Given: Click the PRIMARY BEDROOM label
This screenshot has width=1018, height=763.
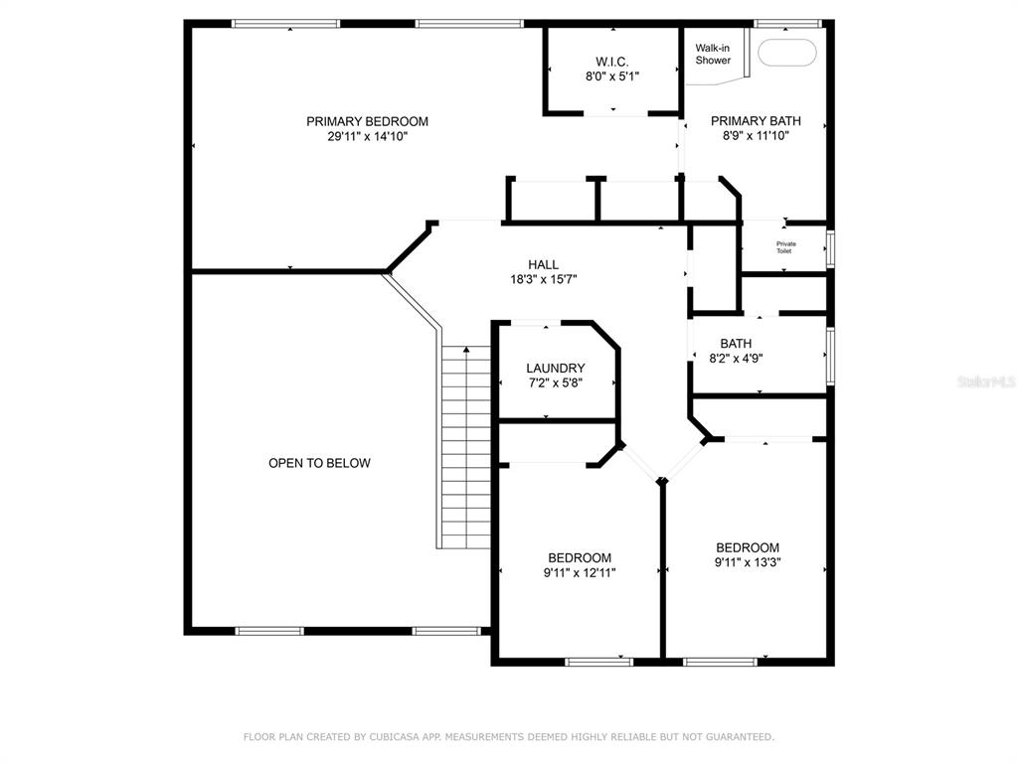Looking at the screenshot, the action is click(367, 121).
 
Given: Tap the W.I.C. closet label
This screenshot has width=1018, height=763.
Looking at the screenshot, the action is click(612, 62).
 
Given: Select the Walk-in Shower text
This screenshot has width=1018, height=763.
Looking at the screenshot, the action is click(713, 54).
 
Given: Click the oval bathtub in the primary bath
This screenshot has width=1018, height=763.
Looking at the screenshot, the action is click(787, 54).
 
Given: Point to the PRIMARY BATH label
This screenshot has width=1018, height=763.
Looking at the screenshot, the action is click(756, 120).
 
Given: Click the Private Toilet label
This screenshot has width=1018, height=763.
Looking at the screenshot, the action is click(785, 247).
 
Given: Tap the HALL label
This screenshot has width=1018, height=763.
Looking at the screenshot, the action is click(544, 264).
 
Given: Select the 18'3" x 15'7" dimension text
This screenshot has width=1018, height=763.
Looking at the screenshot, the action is click(544, 279).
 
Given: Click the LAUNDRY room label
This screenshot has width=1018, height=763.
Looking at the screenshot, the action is click(555, 368).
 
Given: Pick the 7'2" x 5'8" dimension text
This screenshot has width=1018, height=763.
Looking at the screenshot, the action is click(555, 382).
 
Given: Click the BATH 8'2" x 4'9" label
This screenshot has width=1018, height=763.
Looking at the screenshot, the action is click(736, 351).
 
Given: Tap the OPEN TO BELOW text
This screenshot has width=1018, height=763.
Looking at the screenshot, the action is click(319, 463).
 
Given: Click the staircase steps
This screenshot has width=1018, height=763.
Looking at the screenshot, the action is click(466, 447).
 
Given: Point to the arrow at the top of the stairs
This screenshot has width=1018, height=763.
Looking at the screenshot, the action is click(466, 351).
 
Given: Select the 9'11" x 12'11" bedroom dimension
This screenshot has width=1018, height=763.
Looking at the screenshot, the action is click(580, 573).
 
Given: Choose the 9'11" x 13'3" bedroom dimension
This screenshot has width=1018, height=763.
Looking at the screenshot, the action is click(748, 562).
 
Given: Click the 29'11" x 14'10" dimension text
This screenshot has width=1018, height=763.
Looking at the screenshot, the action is click(367, 136).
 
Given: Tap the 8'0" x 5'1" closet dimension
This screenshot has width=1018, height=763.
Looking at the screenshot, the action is click(612, 76).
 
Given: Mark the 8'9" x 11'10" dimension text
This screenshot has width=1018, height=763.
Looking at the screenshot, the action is click(756, 135).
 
